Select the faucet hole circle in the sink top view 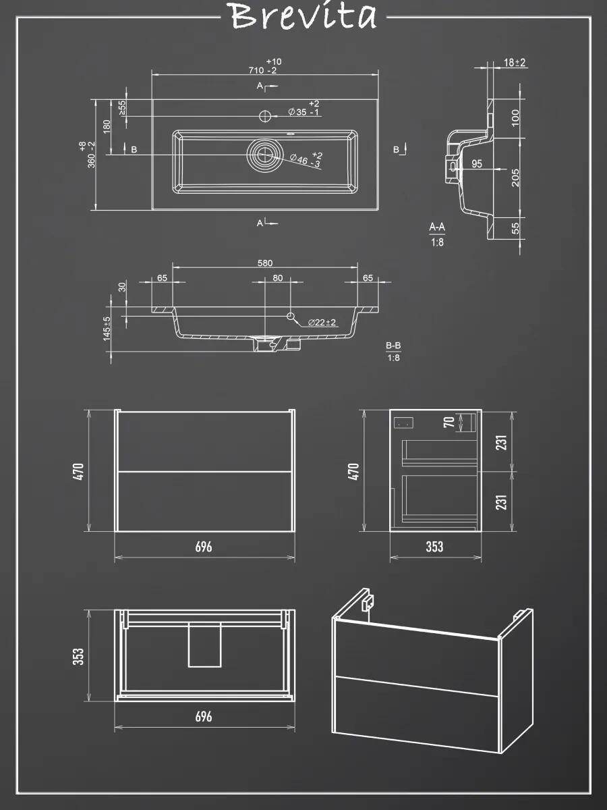click(x=265, y=116)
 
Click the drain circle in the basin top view click(x=265, y=155)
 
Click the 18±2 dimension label click(x=515, y=63)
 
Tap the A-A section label click(x=437, y=227)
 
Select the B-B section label click(x=393, y=346)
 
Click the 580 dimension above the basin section click(x=265, y=263)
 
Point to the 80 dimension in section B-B click(x=277, y=278)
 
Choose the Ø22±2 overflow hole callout click(x=322, y=323)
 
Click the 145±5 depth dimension click(x=107, y=329)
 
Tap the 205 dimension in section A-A click(x=515, y=178)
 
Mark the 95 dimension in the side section click(x=477, y=164)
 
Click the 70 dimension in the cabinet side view click(x=449, y=422)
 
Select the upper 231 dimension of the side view click(x=501, y=442)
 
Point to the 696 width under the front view click(x=204, y=547)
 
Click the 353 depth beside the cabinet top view click(x=78, y=657)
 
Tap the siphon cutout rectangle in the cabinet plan click(x=204, y=645)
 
